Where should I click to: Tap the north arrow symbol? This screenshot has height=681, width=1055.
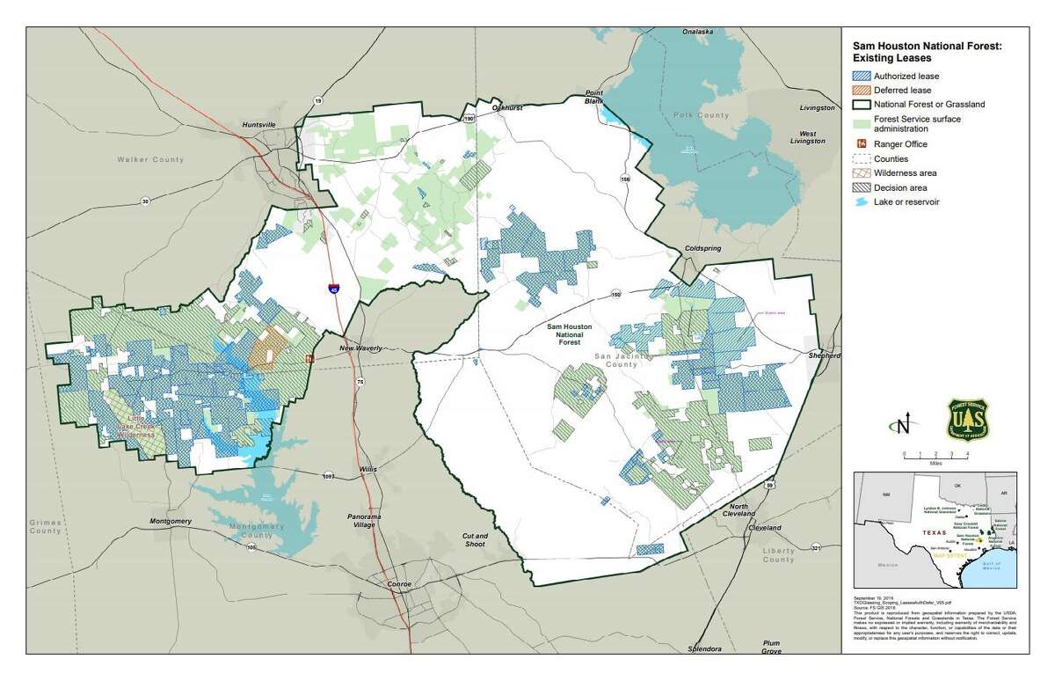click(901, 426)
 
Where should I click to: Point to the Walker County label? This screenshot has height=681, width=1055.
click(151, 159)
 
